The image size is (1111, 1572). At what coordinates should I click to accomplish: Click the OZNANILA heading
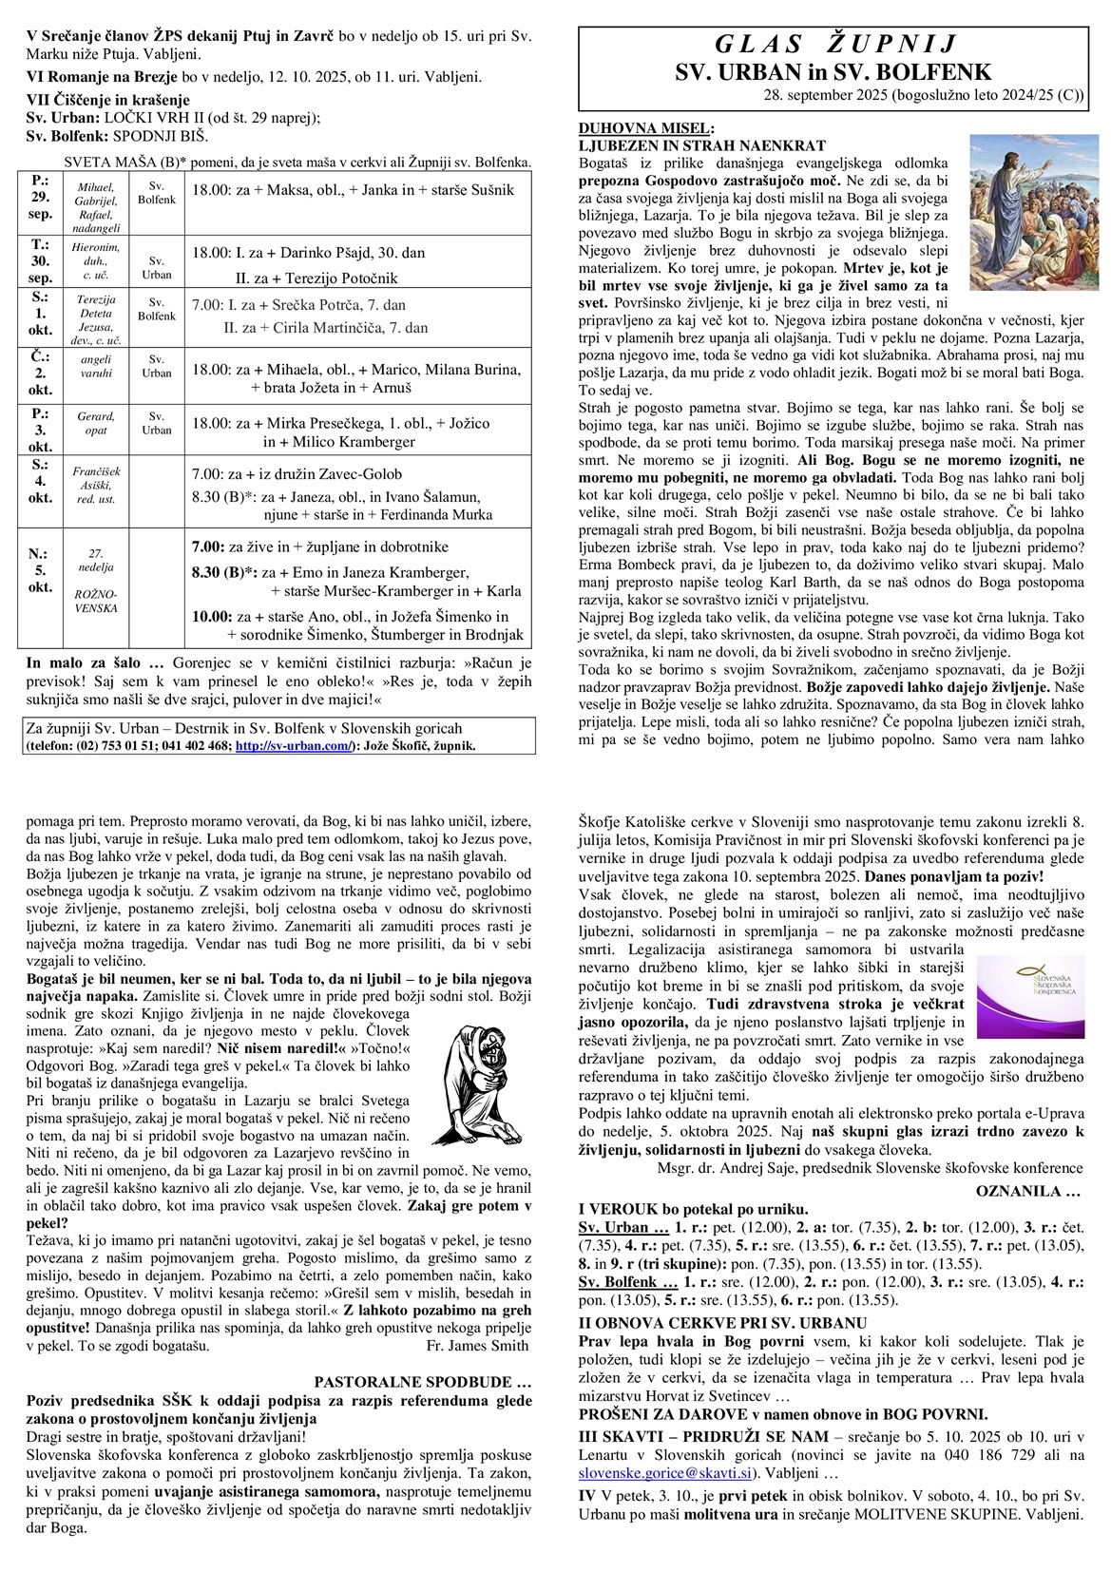(1028, 1190)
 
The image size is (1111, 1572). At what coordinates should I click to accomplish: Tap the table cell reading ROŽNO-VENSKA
(96, 601)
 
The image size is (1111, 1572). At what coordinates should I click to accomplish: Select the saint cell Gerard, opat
(96, 423)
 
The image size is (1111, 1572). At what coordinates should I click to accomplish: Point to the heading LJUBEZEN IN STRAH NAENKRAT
(701, 145)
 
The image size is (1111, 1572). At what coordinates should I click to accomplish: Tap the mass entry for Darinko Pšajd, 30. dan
(308, 253)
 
